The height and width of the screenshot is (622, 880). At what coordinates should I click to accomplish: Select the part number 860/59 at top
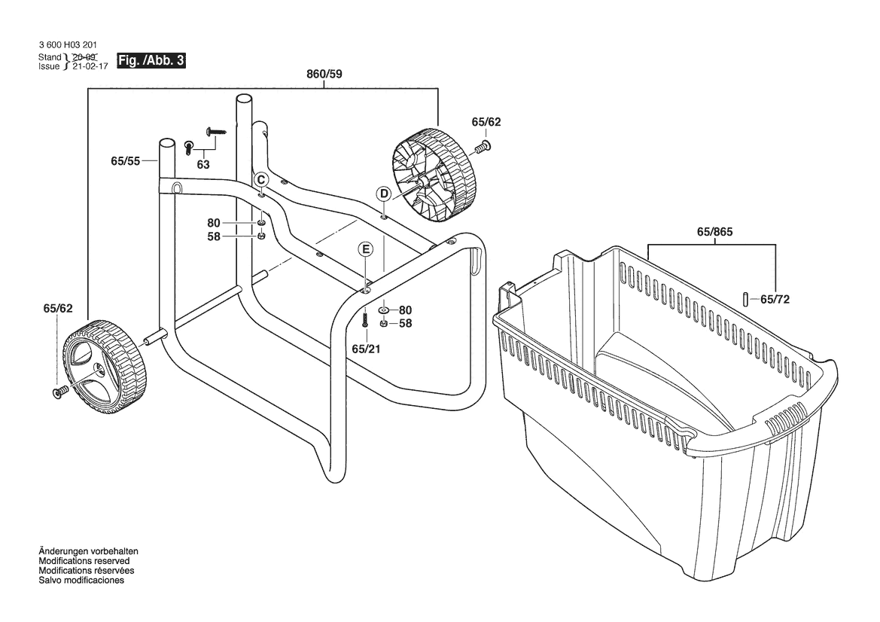tap(324, 75)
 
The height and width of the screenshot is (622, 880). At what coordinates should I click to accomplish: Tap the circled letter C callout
tap(260, 179)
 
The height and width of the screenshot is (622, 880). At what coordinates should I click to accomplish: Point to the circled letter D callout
tap(384, 194)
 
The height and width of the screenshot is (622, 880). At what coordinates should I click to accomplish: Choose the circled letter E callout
tap(365, 249)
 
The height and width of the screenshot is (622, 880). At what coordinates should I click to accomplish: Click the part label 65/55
tap(126, 160)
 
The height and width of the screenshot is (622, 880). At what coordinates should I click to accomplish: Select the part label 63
tap(203, 165)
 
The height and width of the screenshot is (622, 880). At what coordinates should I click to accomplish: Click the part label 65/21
tap(365, 349)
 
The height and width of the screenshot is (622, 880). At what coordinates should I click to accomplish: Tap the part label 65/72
tap(775, 299)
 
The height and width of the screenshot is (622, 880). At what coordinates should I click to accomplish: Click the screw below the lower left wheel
tap(59, 392)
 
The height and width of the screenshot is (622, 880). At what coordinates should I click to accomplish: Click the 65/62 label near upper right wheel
tap(486, 122)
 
